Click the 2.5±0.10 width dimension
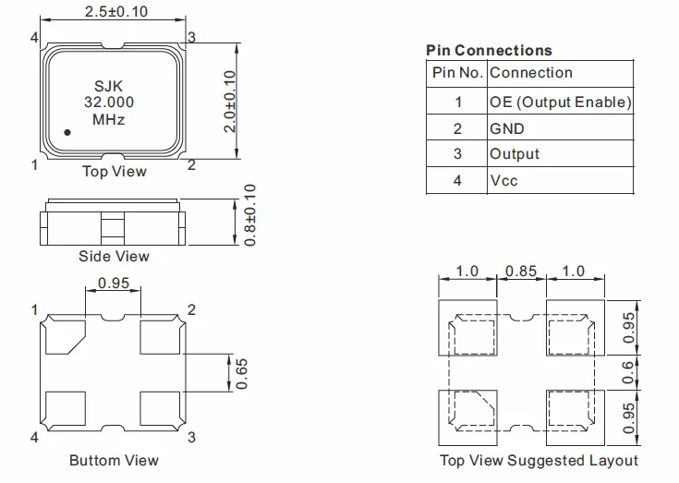click(115, 12)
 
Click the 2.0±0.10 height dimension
click(231, 101)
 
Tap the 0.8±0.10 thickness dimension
click(250, 214)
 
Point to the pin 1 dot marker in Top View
click(67, 133)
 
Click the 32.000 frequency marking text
click(109, 103)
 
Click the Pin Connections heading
click(489, 51)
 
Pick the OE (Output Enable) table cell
click(560, 102)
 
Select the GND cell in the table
click(507, 128)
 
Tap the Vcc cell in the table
click(503, 180)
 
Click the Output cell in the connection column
click(515, 154)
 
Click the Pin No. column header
click(456, 73)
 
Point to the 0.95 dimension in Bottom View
click(114, 284)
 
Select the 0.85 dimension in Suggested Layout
click(521, 272)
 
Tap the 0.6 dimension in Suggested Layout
click(629, 372)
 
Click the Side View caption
click(114, 256)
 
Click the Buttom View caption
click(114, 460)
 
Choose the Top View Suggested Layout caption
click(539, 460)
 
